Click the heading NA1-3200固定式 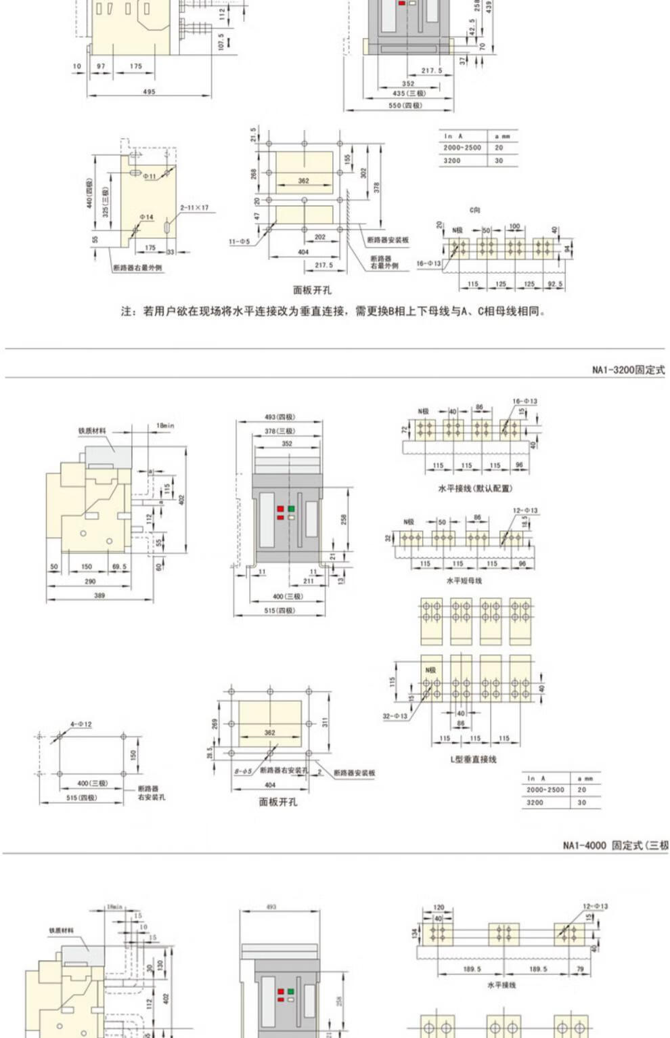628,370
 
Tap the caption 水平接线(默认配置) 475,488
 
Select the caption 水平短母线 464,580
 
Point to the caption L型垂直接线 474,759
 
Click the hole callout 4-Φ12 81,724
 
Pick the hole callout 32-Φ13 395,716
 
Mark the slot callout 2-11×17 194,208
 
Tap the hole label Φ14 147,217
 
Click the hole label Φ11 149,176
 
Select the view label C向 475,210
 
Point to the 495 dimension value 149,91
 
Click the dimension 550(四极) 405,106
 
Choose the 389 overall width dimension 99,596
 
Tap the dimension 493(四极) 280,417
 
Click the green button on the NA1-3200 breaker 292,508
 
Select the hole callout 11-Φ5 239,241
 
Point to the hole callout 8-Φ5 243,771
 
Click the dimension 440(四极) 89,193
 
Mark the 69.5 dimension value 119,567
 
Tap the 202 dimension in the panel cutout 319,237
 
